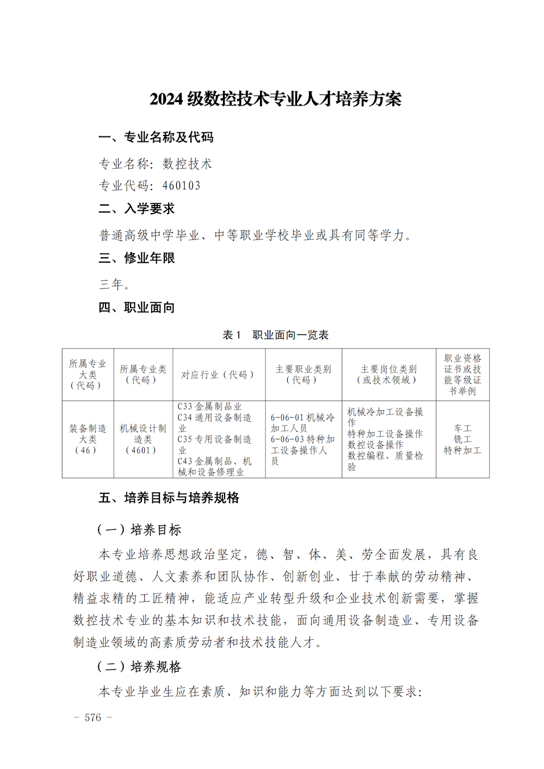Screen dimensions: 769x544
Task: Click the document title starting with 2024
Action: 275,99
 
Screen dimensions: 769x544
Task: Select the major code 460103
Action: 181,186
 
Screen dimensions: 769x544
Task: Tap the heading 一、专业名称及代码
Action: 156,138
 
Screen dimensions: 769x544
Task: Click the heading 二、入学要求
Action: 137,209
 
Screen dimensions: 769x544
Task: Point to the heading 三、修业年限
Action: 137,258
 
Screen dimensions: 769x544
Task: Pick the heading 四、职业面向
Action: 137,308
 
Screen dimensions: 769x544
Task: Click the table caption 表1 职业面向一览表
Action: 275,335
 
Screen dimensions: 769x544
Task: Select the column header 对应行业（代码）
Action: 218,375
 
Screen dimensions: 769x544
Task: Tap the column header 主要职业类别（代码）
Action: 303,374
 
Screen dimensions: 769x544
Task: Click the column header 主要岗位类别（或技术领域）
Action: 388,374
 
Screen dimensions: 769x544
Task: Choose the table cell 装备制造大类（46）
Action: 88,439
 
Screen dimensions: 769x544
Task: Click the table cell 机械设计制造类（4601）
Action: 143,439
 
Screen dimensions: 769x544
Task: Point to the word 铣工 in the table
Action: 462,439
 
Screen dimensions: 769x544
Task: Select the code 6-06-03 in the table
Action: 287,439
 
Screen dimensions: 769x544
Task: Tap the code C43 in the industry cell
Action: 185,461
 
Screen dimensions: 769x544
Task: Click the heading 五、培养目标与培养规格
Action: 169,498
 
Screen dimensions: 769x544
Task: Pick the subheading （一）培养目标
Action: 139,530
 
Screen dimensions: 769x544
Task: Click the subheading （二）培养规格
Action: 139,667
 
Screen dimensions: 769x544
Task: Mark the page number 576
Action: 93,717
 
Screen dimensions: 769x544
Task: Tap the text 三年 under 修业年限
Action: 113,284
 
